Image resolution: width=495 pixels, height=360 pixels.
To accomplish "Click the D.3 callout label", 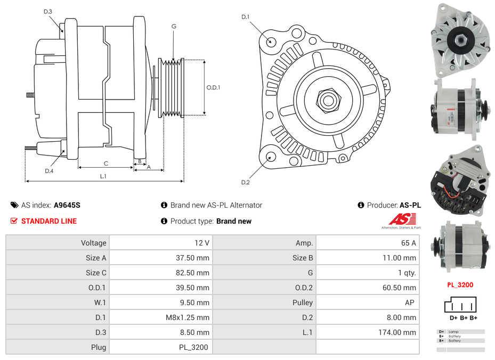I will tap(47, 11).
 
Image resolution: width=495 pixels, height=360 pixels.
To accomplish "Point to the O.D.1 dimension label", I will tap(213, 87).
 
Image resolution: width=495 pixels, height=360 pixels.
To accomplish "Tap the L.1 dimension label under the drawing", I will tap(103, 176).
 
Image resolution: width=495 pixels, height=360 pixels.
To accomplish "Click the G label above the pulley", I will tap(174, 26).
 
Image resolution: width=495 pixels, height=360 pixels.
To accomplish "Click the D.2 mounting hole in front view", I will tap(271, 157).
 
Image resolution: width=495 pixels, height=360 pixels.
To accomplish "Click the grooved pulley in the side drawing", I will tap(172, 87).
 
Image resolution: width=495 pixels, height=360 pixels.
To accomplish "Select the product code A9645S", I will tap(67, 205).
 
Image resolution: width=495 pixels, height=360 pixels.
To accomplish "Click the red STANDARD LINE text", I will tap(48, 221).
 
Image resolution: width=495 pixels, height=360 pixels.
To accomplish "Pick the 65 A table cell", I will tap(408, 243).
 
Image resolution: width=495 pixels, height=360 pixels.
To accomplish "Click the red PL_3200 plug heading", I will tap(460, 285).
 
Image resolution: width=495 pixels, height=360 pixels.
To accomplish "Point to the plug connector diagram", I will tap(460, 305).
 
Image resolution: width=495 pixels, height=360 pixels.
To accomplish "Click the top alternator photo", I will tap(460, 40).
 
